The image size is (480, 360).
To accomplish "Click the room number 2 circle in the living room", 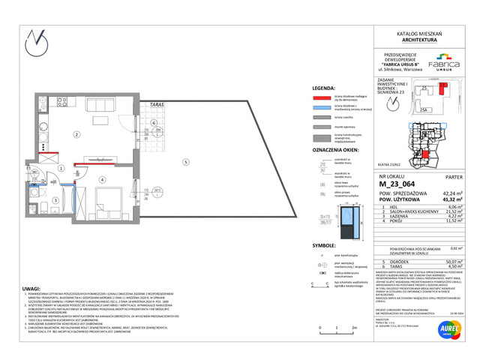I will (x=76, y=135).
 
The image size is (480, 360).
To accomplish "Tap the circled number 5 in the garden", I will (x=183, y=162).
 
